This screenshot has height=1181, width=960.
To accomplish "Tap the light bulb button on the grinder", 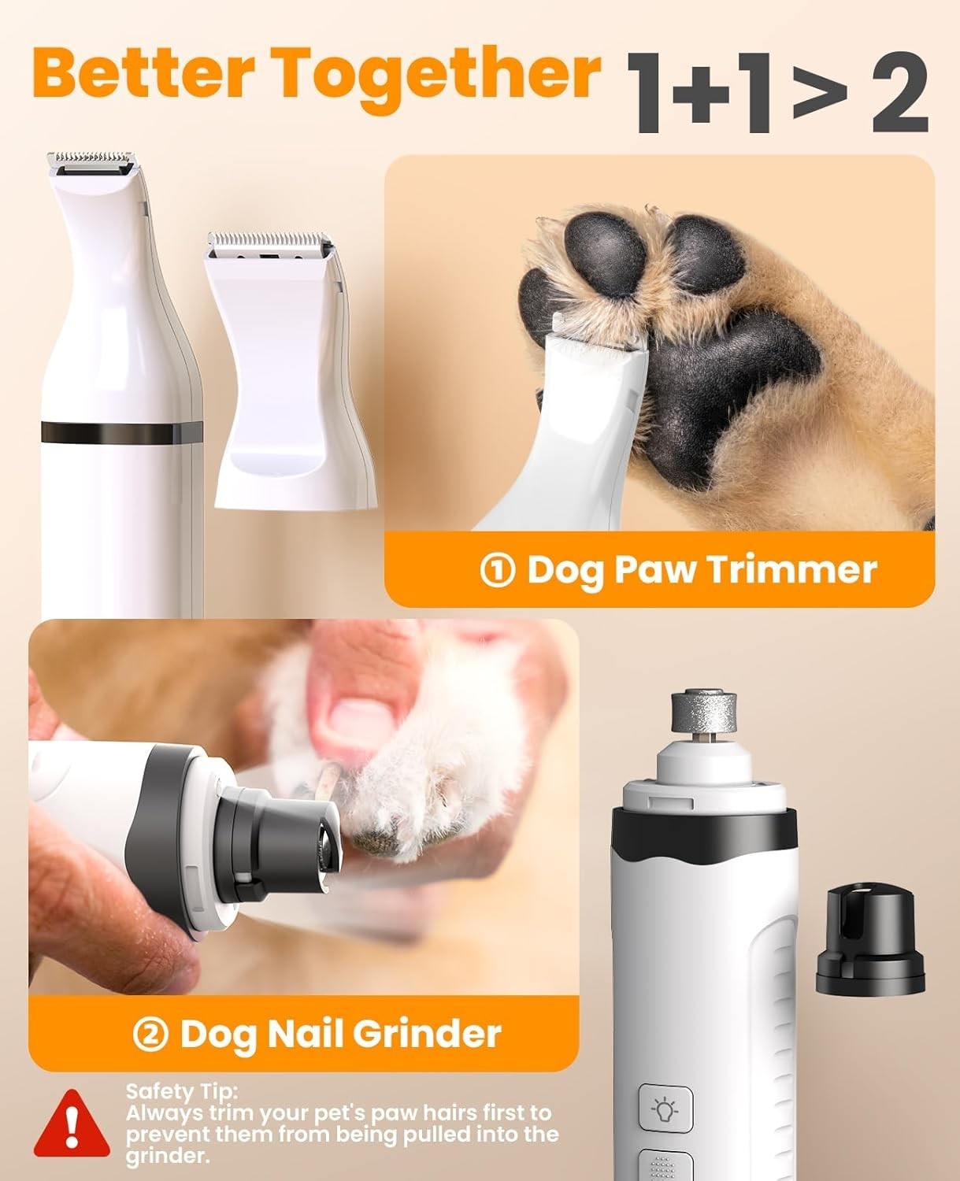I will click(665, 1111).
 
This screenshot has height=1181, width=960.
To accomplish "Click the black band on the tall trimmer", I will click(121, 432).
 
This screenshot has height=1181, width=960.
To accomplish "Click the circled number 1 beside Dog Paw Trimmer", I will click(497, 570).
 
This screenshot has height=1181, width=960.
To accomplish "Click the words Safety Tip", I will click(181, 1091).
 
